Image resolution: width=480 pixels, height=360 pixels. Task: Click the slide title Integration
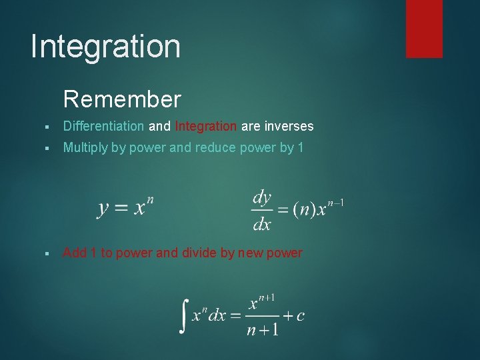[105, 47]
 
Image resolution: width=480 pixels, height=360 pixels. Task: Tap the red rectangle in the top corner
[424, 28]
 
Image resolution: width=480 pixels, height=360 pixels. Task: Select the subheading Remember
[122, 100]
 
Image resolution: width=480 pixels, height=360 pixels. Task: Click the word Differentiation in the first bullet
[103, 126]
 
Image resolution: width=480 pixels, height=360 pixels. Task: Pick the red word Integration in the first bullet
[205, 126]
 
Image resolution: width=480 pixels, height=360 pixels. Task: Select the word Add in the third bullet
[75, 253]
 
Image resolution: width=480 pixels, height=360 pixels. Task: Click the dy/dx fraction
[261, 210]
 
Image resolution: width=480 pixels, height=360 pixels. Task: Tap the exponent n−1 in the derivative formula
[334, 203]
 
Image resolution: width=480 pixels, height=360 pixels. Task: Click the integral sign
[184, 316]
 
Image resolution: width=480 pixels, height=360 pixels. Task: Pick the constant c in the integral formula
[300, 315]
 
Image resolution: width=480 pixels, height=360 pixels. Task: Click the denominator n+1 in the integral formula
[261, 329]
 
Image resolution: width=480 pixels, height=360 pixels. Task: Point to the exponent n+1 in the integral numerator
[267, 298]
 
